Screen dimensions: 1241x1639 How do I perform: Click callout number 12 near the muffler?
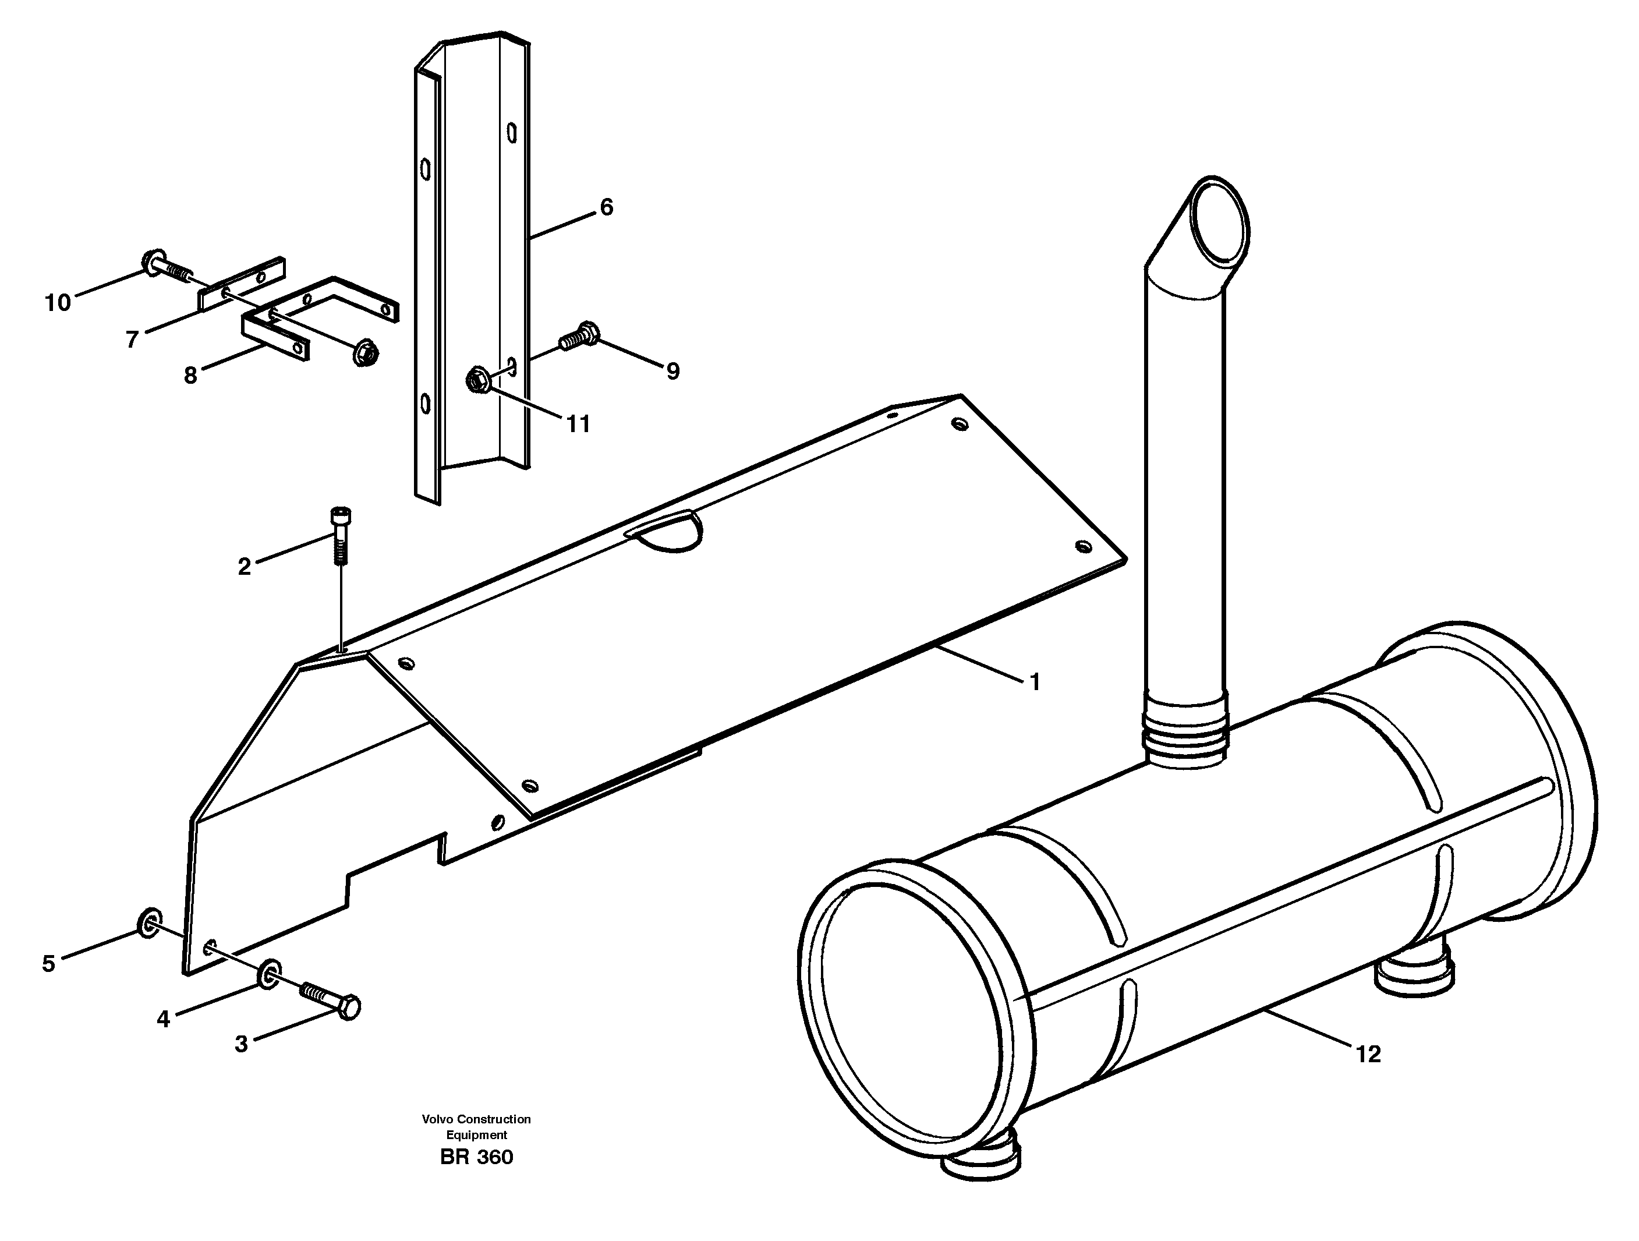point(1368,1053)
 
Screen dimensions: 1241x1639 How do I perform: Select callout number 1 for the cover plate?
point(1035,681)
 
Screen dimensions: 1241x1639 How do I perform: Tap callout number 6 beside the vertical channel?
point(606,207)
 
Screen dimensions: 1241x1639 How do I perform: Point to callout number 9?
point(672,370)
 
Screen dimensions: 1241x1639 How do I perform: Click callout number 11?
point(578,424)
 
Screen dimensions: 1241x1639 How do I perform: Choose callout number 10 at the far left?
point(58,302)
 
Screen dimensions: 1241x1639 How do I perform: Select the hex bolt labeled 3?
point(332,998)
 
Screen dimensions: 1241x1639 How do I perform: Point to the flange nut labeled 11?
point(476,381)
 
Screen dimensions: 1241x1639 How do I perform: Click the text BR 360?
point(476,1157)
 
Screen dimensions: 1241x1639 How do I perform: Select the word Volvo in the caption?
point(437,1119)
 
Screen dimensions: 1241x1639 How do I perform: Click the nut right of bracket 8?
point(365,353)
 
